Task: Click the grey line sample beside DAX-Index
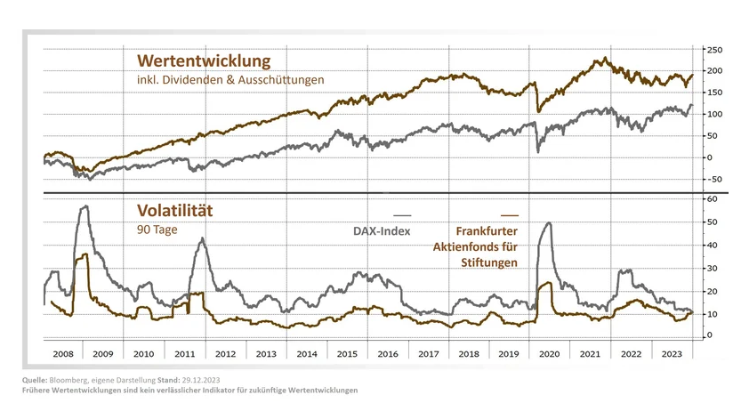pos(402,215)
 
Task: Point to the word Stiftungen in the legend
pos(488,262)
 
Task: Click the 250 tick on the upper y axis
pos(712,49)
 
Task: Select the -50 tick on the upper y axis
pos(712,179)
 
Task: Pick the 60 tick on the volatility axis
pos(710,200)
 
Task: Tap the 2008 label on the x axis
pos(62,353)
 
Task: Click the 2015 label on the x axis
pos(348,353)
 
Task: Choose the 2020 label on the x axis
pos(550,353)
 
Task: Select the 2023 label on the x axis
pos(672,353)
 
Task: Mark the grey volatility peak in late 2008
pos(85,206)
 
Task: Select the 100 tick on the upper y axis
pos(712,114)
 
